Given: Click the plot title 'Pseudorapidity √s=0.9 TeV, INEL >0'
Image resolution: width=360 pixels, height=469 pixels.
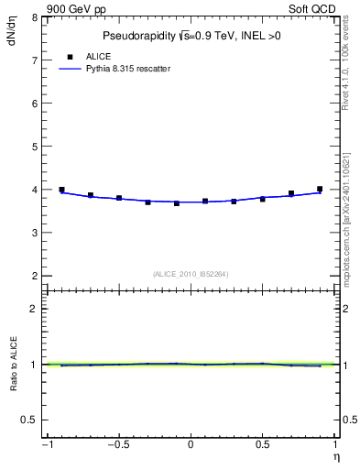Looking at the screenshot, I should point(190,37).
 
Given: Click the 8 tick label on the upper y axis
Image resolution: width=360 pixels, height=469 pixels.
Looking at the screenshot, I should point(34,17).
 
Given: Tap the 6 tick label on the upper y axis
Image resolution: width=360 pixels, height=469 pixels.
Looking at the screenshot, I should point(34,104).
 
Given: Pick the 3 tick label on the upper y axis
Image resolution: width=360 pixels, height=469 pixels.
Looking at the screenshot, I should point(34,233).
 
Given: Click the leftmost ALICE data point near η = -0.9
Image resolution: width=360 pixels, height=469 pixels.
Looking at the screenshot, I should point(61,190).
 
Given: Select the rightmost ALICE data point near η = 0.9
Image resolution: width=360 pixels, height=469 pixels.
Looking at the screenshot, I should point(320,189).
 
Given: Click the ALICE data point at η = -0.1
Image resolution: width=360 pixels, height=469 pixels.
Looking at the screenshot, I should point(177,202).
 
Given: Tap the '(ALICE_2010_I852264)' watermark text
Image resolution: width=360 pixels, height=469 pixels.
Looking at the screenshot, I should point(191,273).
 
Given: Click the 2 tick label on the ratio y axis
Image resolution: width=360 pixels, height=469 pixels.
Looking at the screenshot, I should point(34,309).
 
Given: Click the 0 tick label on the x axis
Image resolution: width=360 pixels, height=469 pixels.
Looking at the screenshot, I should point(191,445).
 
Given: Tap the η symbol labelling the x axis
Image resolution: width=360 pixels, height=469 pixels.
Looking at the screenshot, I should point(335,456).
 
